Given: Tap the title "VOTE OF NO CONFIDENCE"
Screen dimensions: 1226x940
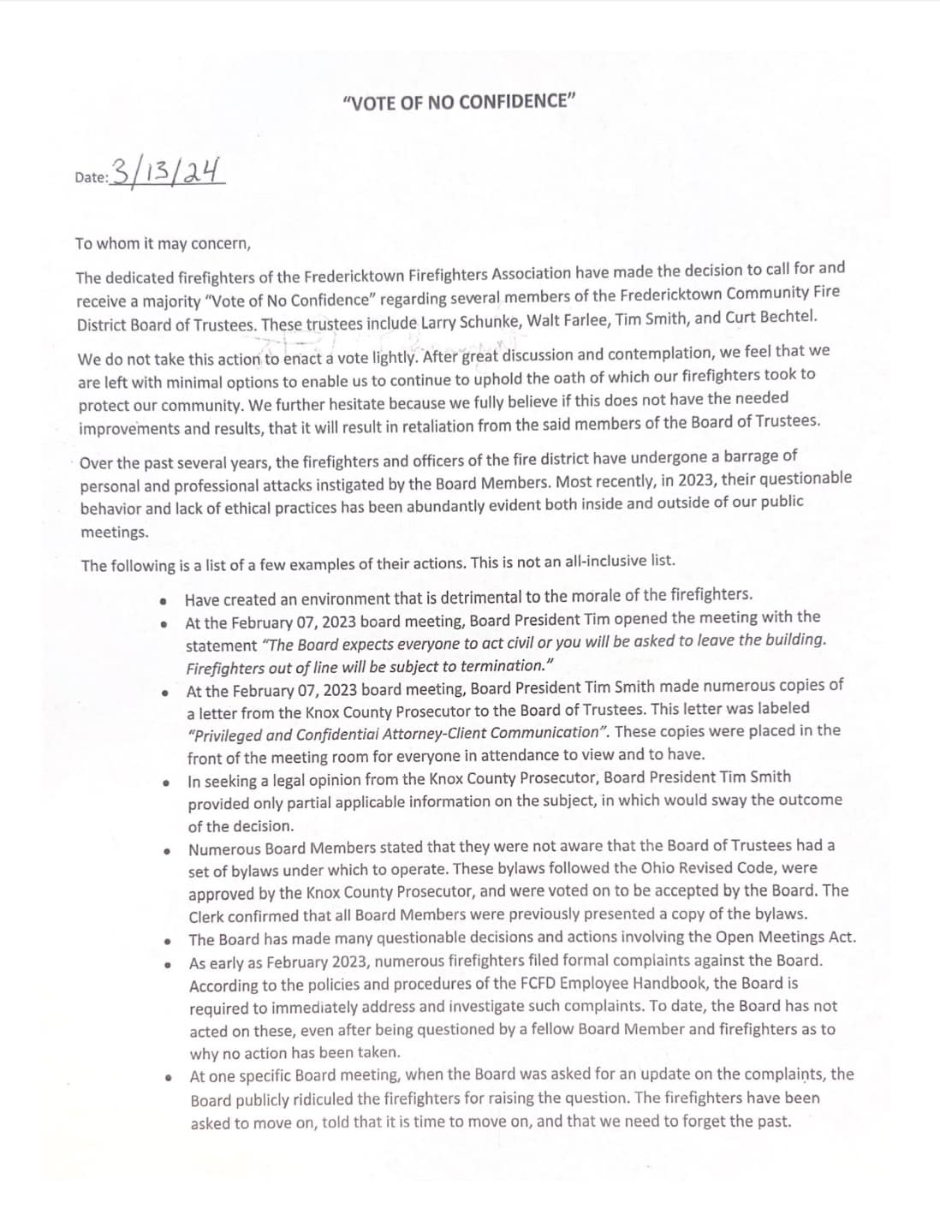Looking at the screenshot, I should (458, 102).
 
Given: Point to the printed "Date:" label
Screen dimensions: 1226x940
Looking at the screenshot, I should (92, 178).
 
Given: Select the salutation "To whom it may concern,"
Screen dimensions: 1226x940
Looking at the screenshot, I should (163, 243).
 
